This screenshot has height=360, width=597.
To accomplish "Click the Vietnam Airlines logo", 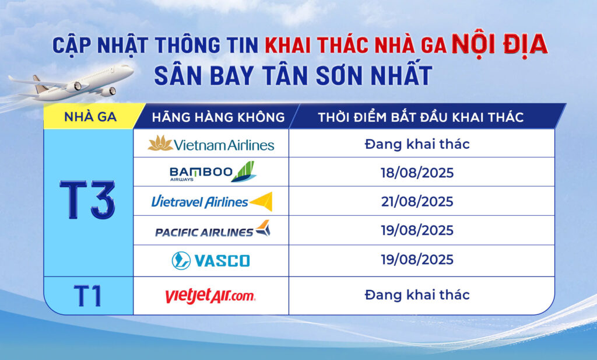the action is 211,144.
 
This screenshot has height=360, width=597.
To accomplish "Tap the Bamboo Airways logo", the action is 213,172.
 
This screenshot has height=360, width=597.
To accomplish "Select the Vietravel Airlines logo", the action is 212,201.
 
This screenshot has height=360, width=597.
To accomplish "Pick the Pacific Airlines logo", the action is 213,229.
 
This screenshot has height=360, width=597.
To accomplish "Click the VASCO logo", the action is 211,261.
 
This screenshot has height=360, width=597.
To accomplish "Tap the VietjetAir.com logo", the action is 210,296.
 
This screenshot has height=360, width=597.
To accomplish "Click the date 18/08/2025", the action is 417,173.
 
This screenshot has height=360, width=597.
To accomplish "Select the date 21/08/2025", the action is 417,201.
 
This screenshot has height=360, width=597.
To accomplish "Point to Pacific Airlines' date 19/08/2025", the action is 417,230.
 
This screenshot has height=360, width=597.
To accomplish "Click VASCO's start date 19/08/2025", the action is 417,260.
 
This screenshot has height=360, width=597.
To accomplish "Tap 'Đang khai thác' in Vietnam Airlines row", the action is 417,144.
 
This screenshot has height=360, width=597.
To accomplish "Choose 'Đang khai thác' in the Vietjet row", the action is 417,295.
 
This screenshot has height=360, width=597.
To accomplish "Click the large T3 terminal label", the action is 87,200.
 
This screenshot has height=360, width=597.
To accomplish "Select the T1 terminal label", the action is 88,296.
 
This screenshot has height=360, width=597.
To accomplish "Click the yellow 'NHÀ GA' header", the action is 90,117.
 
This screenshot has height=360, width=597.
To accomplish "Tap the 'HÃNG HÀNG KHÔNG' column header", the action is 218,117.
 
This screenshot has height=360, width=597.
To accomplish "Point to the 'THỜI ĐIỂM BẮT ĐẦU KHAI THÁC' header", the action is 421,117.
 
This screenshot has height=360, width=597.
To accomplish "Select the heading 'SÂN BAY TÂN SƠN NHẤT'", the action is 293,75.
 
